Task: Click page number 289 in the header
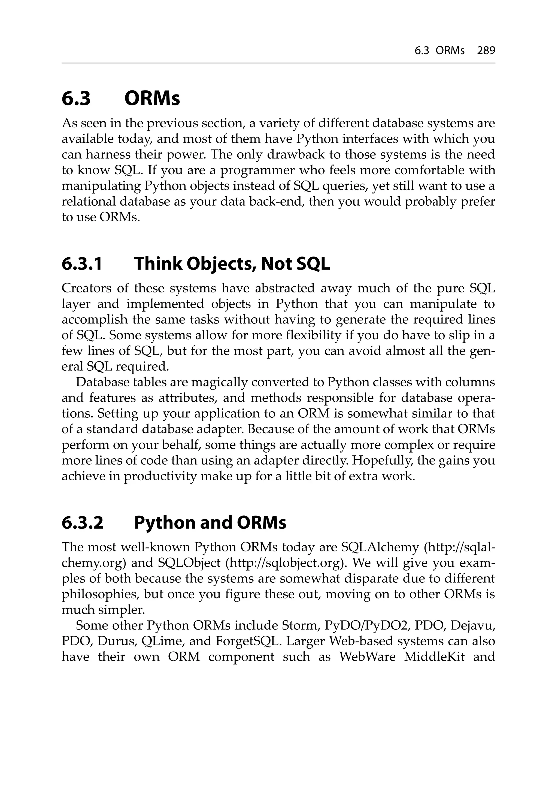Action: coord(486,51)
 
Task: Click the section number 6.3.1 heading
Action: coord(82,264)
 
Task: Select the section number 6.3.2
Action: coord(82,523)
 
